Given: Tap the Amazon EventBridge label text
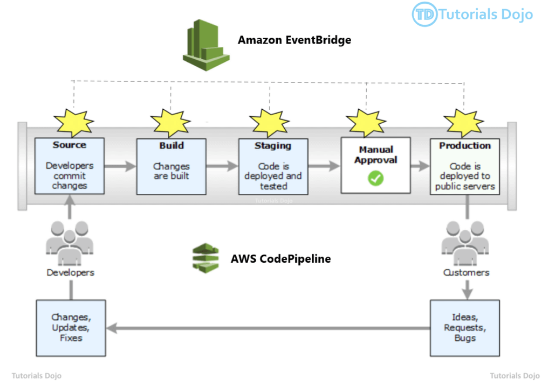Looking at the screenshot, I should tap(294, 40).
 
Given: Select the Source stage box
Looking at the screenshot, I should tap(70, 166).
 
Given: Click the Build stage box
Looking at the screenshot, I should tap(172, 166).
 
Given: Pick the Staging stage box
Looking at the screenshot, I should tap(273, 166).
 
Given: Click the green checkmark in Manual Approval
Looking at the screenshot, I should tap(375, 179).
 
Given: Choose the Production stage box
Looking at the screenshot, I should tap(465, 166).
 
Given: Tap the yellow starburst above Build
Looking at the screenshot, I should tap(170, 123).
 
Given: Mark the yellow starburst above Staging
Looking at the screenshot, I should tap(270, 123).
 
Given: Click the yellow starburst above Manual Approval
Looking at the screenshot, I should tap(366, 123).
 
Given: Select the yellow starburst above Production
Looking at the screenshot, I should tap(463, 123).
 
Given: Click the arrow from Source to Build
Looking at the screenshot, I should tap(119, 166).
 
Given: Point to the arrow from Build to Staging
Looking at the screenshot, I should tap(222, 166).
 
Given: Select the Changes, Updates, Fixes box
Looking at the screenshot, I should tap(71, 328).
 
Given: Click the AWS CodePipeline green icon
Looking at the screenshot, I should tap(206, 257).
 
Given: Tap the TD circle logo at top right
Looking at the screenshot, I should tap(424, 15).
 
